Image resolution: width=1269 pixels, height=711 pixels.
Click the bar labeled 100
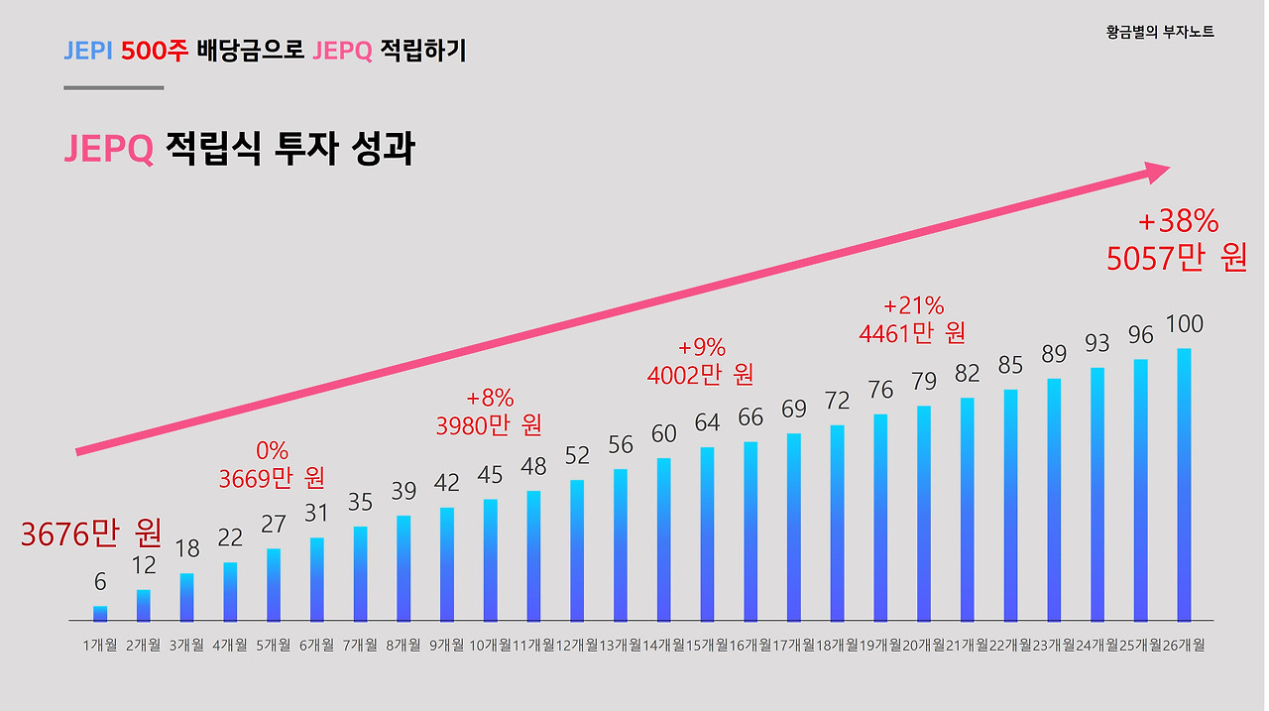click(x=1184, y=485)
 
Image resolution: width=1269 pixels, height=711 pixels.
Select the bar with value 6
click(x=100, y=614)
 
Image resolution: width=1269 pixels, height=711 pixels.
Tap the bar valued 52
click(x=577, y=550)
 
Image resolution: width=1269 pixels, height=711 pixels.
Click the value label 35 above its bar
click(x=360, y=503)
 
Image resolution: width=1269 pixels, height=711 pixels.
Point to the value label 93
click(x=1097, y=343)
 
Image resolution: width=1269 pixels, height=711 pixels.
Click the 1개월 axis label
click(x=100, y=646)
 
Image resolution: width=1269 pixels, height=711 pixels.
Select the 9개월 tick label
click(x=446, y=646)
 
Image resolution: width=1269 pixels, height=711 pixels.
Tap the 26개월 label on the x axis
click(x=1184, y=646)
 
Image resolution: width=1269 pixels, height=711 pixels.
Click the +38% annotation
click(x=1178, y=220)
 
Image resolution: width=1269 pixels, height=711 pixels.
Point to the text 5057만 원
click(x=1177, y=258)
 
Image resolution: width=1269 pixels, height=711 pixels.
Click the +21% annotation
click(x=913, y=305)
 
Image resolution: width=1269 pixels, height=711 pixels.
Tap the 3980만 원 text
click(x=489, y=425)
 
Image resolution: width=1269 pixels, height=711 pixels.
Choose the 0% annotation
click(x=272, y=451)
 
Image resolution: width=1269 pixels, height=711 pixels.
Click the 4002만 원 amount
click(x=700, y=375)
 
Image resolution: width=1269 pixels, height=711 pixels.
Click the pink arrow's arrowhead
click(x=1155, y=173)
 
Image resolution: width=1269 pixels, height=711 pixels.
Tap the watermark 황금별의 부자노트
click(x=1160, y=32)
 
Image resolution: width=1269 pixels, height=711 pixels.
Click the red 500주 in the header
click(x=154, y=51)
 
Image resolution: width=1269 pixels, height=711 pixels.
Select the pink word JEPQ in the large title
click(x=108, y=149)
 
